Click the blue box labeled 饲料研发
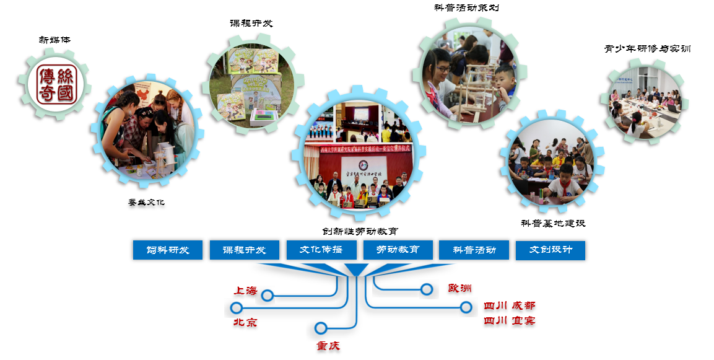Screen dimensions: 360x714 [167, 250]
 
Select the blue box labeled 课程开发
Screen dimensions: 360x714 [244, 250]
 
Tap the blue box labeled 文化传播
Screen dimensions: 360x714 [321, 250]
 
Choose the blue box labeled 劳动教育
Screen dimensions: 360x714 [398, 250]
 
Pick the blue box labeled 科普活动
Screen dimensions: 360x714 [474, 250]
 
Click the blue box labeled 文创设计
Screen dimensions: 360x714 [551, 250]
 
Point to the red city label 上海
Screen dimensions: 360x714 [245, 291]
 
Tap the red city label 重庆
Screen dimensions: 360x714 [328, 346]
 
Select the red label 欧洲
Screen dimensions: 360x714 [459, 289]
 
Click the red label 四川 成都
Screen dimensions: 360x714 [509, 305]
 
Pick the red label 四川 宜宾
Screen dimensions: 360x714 [509, 321]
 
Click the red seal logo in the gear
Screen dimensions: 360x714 [55, 81]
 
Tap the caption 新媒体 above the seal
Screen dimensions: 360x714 [54, 40]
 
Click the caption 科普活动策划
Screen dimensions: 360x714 [466, 8]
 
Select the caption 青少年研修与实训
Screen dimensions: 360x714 [647, 48]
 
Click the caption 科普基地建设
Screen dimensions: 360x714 [553, 224]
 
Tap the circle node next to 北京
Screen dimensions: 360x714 [235, 308]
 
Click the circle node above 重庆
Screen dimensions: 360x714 [320, 328]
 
